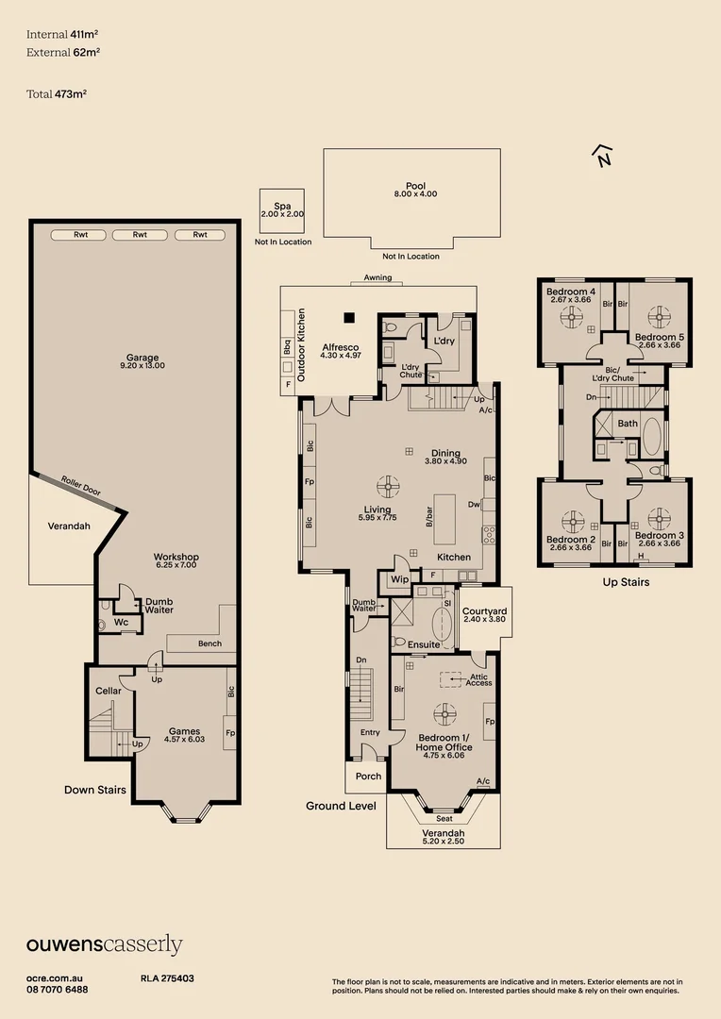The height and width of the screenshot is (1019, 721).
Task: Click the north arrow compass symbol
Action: pos(601,156)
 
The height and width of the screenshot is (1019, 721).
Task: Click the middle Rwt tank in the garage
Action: pos(140,235)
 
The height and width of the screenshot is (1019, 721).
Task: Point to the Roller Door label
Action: pos(81,487)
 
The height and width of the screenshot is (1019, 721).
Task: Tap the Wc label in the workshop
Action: pos(121,622)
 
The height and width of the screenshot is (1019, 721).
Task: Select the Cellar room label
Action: pos(109,691)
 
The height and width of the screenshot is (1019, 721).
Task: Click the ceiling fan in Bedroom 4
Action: pos(572,317)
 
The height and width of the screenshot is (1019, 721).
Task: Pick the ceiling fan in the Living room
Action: pos(387,487)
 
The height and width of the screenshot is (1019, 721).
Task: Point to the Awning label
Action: pos(377,278)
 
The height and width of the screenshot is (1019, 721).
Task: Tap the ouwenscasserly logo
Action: pos(104,944)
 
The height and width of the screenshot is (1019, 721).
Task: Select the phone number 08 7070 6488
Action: pos(57,990)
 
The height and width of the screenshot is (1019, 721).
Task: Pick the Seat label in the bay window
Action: pos(444,818)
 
